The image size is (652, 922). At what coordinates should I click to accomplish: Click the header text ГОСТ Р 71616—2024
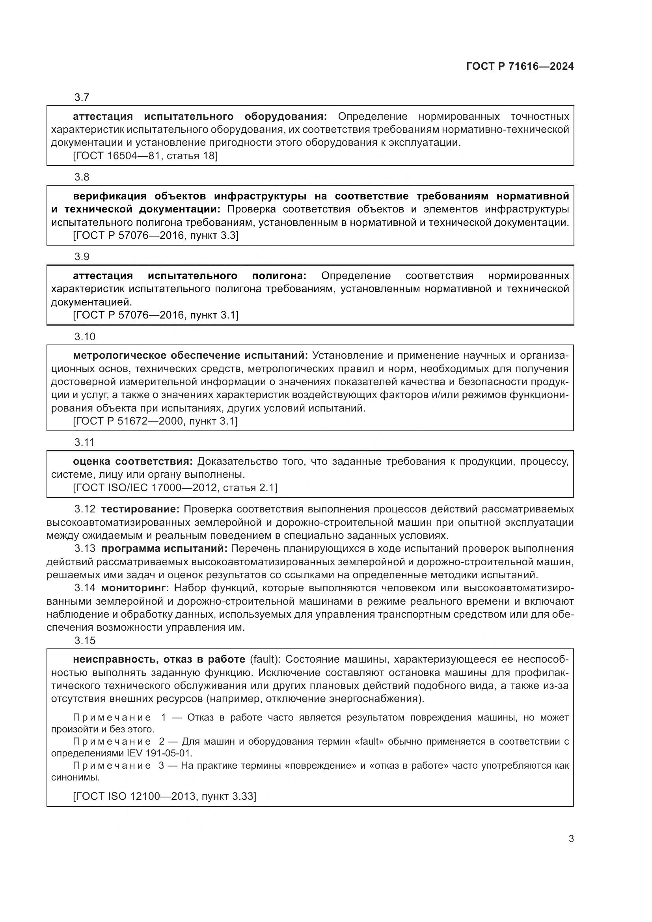click(x=520, y=67)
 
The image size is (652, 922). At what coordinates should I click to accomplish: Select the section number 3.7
click(x=82, y=98)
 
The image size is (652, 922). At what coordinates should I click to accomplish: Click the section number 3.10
click(x=85, y=337)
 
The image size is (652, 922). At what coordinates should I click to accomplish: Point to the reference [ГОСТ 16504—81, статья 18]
click(x=145, y=156)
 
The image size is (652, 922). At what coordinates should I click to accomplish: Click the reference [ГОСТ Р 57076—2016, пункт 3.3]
click(x=155, y=235)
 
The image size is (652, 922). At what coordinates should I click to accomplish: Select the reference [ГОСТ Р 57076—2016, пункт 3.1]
click(x=155, y=315)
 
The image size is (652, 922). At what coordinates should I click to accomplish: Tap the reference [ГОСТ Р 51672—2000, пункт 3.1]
click(x=155, y=421)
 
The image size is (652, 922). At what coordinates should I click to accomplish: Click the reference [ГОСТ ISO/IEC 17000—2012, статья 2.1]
click(x=175, y=488)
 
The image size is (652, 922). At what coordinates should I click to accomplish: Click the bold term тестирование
click(x=140, y=509)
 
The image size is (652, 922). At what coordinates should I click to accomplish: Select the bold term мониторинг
click(x=135, y=588)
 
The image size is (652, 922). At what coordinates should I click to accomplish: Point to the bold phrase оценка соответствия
click(x=133, y=462)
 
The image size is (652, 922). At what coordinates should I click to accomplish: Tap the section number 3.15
click(x=85, y=641)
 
